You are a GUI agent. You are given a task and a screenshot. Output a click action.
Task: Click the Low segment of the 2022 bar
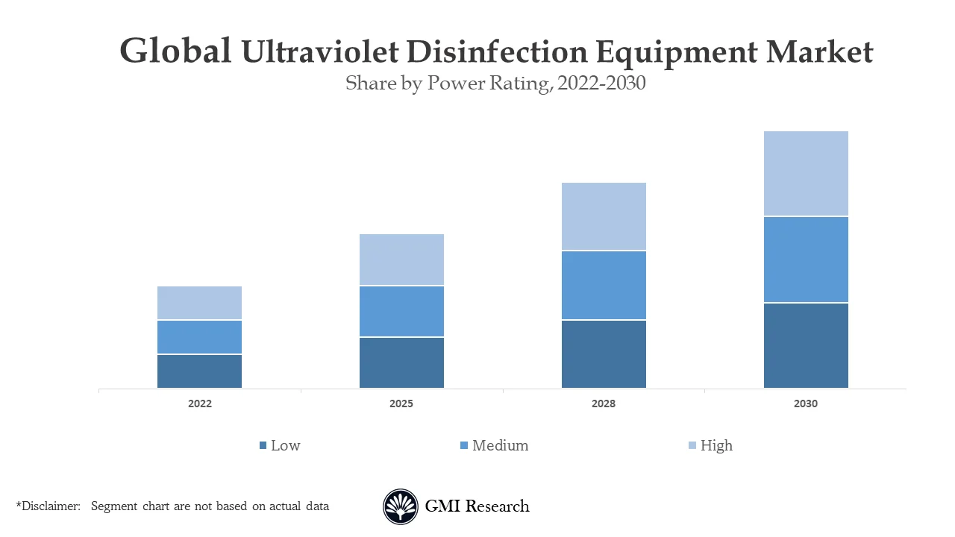coord(199,371)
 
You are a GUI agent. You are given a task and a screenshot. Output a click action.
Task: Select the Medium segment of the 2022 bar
coord(199,337)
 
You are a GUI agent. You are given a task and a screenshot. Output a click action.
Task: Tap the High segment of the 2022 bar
coord(199,303)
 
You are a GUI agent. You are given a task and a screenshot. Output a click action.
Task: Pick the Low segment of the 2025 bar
coord(401,362)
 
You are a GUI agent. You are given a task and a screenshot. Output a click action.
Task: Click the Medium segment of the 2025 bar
coord(401,312)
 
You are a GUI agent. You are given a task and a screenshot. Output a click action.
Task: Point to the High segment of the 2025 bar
coord(401,260)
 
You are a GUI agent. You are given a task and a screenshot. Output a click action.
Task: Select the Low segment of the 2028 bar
coord(604,354)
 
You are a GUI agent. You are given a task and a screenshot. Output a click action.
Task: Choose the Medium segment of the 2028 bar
coord(604,286)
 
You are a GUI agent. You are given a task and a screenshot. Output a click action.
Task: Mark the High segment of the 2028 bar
coord(604,216)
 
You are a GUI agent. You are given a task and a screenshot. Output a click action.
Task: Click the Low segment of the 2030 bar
coord(806,345)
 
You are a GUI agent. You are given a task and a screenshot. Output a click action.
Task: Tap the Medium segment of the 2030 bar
coord(806,260)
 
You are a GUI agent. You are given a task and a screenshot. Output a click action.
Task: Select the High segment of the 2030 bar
coord(806,174)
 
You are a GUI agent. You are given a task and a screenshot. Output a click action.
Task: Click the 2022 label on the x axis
coord(199,403)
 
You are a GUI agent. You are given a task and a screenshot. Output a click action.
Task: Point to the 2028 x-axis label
coord(604,403)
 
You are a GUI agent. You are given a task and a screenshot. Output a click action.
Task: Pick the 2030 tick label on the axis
coord(806,403)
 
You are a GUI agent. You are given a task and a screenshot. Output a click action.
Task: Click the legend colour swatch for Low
coord(263,446)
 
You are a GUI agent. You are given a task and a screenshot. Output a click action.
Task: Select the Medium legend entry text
coord(500,445)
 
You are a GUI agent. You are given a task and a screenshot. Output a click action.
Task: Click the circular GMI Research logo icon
coord(401,506)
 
